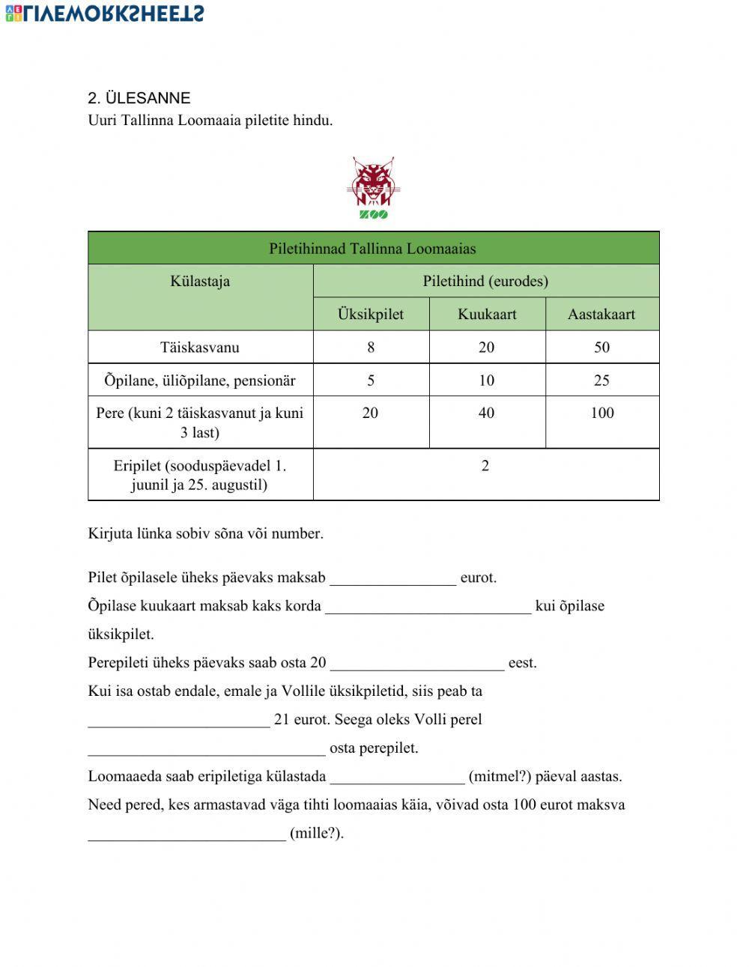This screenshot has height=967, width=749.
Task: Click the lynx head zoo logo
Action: click(x=373, y=182)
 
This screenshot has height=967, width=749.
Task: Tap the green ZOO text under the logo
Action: click(x=373, y=215)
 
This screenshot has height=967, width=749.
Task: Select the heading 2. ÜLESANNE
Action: click(x=139, y=98)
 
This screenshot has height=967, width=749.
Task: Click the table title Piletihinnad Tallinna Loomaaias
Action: click(x=373, y=249)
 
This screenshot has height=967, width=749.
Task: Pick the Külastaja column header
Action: click(x=200, y=282)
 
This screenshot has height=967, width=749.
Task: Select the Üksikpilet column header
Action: click(x=371, y=315)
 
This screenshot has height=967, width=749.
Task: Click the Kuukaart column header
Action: click(x=487, y=315)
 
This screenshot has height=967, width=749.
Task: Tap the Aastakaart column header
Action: click(x=601, y=315)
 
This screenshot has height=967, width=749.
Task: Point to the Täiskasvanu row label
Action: click(x=200, y=348)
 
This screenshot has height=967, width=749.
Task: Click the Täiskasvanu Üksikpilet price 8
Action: click(x=371, y=348)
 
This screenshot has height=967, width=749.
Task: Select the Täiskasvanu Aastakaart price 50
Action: click(x=601, y=348)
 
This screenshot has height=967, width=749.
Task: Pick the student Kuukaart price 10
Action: click(x=487, y=381)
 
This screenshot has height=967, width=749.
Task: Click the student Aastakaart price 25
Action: click(x=601, y=381)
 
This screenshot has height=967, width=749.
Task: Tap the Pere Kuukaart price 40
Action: click(x=487, y=413)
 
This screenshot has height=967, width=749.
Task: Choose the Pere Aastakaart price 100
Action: click(x=601, y=413)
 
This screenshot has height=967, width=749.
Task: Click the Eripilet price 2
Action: click(x=485, y=466)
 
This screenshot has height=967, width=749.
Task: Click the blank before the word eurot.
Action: click(x=392, y=578)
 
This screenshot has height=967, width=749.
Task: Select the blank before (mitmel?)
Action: click(x=397, y=777)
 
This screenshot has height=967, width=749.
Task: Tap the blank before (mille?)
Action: click(x=187, y=834)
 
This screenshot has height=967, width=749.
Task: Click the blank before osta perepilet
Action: click(x=207, y=748)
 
